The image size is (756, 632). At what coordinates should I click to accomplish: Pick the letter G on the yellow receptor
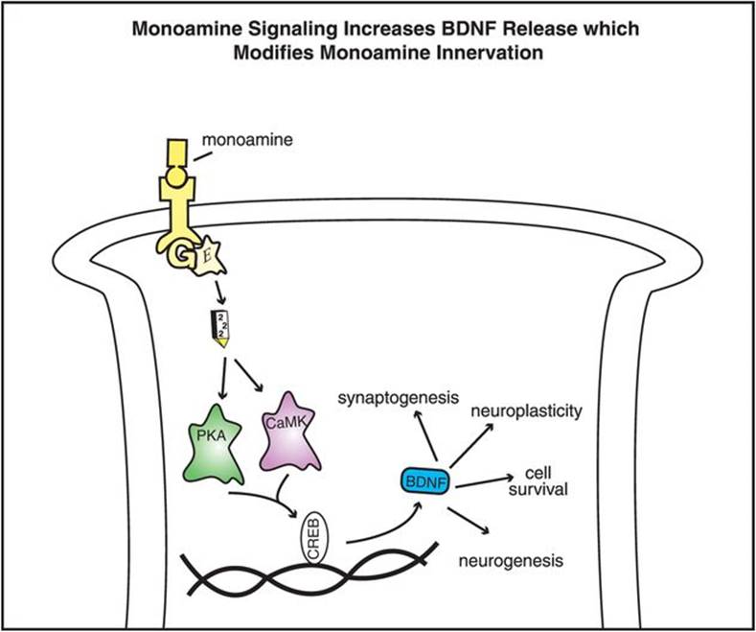click(176, 252)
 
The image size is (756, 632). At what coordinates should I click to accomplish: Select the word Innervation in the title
click(493, 53)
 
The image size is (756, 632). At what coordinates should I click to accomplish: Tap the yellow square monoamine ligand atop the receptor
click(177, 152)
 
